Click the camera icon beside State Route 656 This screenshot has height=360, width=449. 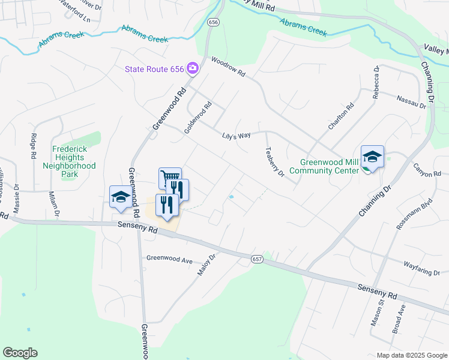193,68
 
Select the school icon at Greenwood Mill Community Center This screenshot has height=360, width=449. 372,157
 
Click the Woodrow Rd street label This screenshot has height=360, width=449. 229,66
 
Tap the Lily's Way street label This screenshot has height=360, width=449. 236,136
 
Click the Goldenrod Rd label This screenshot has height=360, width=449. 199,117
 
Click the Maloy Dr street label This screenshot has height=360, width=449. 206,264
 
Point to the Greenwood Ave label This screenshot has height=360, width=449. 169,260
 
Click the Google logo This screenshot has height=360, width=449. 20,353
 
